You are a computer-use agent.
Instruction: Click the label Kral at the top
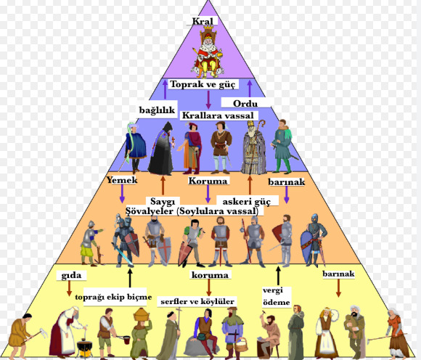coord(203,21)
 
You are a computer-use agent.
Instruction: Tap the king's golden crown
coord(208,28)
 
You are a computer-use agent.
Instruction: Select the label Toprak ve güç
coord(203,84)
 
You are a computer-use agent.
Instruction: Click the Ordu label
coord(245,103)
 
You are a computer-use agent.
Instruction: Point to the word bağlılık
coord(157,110)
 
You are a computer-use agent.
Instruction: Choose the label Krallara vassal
coord(218,115)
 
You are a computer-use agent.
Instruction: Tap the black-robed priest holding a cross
coord(161,149)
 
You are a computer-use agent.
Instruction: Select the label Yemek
coord(122,180)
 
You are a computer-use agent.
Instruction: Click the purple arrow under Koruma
coord(208,194)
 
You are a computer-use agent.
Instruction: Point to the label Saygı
coord(163,201)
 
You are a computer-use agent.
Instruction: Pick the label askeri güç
coord(247,201)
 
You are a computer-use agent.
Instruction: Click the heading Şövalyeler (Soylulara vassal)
coord(192,211)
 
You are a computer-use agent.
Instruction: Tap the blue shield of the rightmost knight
coord(306,247)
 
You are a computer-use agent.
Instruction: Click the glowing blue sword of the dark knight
coord(123,254)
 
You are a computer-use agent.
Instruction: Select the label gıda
coord(71,275)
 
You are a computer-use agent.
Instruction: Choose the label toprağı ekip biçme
coord(113,297)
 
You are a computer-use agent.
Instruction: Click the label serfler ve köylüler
coord(197,301)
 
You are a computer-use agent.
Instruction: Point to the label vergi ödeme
coord(277,296)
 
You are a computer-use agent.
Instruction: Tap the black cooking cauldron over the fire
coord(85,345)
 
